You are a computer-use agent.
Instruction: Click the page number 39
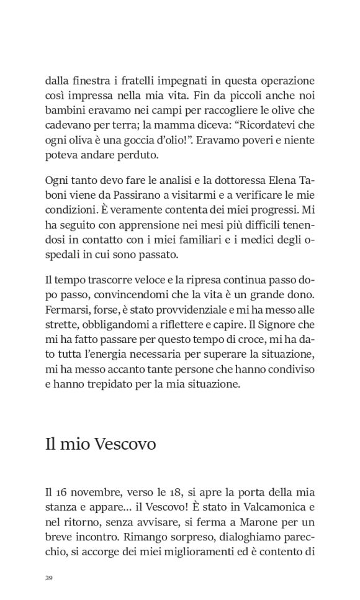49,578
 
